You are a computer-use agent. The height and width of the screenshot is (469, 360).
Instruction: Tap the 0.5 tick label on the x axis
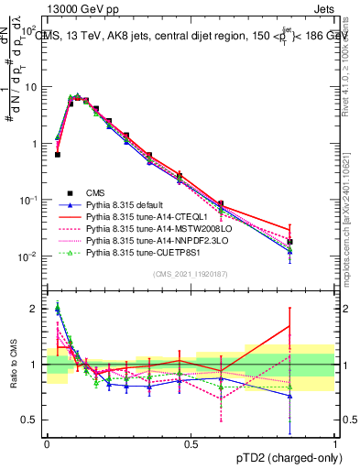tap(191, 444)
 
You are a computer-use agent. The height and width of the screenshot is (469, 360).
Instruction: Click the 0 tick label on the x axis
tap(47, 444)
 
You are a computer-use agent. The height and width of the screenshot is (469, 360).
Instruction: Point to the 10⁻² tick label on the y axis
tap(32, 256)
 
